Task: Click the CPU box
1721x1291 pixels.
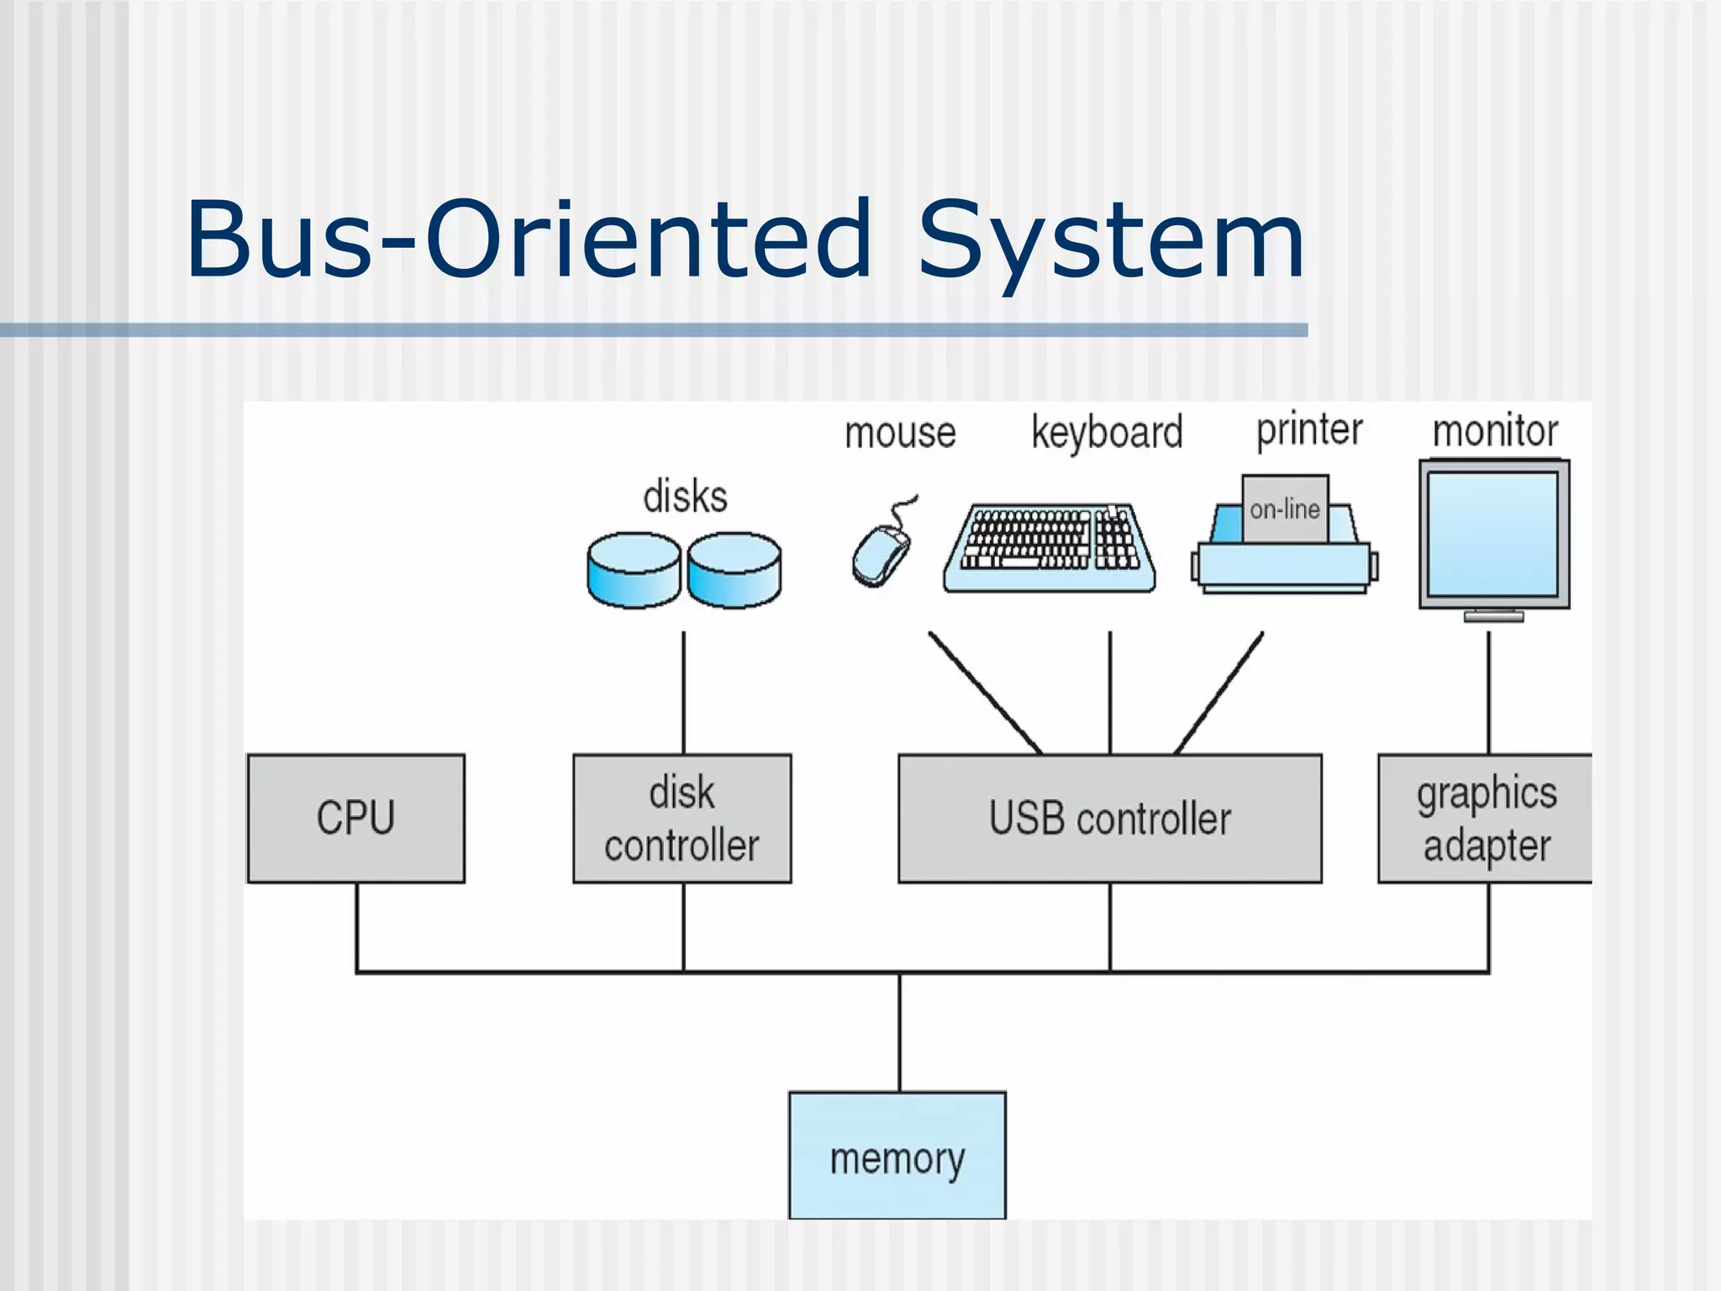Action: tap(355, 818)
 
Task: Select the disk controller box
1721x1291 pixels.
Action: tap(682, 818)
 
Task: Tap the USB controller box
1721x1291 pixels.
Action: tap(1109, 818)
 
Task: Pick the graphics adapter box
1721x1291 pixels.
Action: tap(1485, 818)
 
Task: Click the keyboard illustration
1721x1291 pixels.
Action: tap(1050, 548)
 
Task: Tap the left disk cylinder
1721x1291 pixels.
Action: tap(633, 569)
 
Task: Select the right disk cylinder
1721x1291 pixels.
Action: tap(734, 569)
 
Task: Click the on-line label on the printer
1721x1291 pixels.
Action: tap(1284, 509)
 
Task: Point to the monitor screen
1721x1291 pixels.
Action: tap(1493, 533)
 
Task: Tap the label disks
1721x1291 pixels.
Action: tap(685, 496)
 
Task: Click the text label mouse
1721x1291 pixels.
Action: tap(900, 434)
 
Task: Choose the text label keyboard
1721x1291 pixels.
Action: tap(1107, 434)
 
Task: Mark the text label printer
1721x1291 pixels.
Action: tap(1309, 431)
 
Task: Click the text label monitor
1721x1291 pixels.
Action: tap(1495, 431)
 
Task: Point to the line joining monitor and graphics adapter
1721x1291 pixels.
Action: tap(1488, 693)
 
